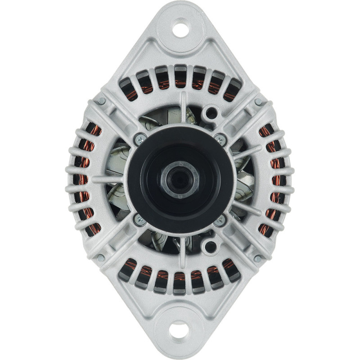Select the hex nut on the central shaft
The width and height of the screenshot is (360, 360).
180,179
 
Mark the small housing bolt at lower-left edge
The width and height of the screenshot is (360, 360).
101,258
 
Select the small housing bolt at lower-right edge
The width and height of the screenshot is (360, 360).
258,258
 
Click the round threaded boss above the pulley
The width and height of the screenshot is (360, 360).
209,112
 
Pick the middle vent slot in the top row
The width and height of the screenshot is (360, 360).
180,76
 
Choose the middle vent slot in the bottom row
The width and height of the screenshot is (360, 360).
180,282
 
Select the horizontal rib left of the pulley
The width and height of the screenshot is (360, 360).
108,179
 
